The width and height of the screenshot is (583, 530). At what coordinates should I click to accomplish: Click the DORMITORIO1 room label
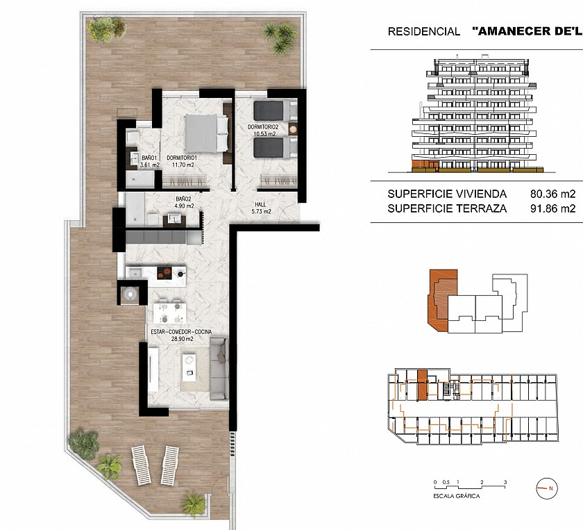point(181,158)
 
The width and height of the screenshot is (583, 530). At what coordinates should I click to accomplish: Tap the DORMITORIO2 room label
point(263,127)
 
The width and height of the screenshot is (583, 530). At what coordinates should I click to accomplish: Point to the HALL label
point(260,204)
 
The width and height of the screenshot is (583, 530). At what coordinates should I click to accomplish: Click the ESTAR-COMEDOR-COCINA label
point(181,332)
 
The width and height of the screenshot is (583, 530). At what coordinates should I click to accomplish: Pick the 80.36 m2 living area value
point(553,194)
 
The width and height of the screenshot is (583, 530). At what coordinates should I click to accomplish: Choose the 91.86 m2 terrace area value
point(553,208)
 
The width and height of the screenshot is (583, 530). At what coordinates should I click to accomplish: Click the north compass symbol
point(547,488)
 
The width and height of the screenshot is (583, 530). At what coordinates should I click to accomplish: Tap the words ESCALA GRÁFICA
point(456,496)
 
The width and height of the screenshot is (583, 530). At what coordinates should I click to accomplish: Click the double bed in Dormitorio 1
point(206,133)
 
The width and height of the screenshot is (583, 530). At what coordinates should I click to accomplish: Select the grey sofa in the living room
point(219,368)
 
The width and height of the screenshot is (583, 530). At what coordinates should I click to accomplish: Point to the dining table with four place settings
point(169,313)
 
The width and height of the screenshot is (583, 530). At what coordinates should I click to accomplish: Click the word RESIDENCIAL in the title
point(424,32)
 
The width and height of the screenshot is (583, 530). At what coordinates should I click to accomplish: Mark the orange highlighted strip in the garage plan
point(422,386)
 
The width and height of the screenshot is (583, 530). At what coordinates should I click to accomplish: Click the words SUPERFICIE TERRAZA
point(447,208)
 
